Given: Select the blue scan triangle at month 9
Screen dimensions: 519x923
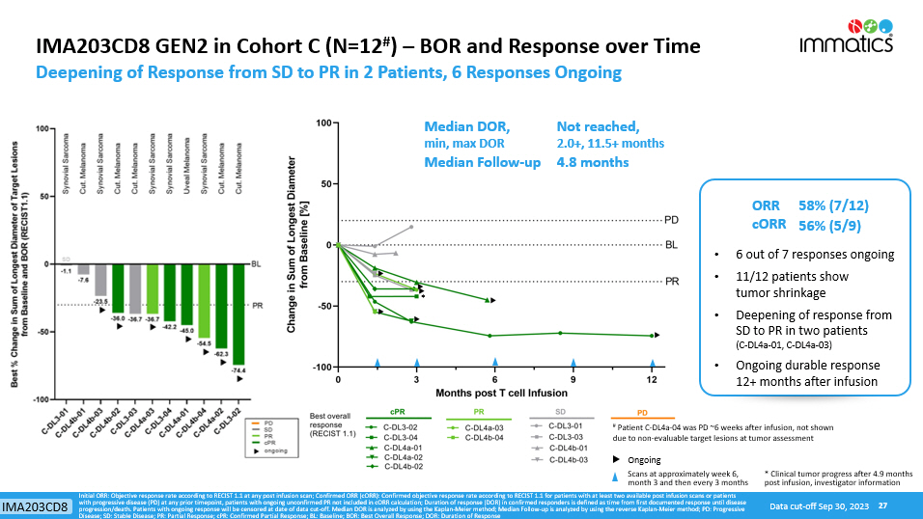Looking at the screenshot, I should pos(574,361).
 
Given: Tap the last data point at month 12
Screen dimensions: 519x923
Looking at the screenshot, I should pos(653,336).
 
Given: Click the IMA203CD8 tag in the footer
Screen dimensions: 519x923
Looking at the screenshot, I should pos(36,506).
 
